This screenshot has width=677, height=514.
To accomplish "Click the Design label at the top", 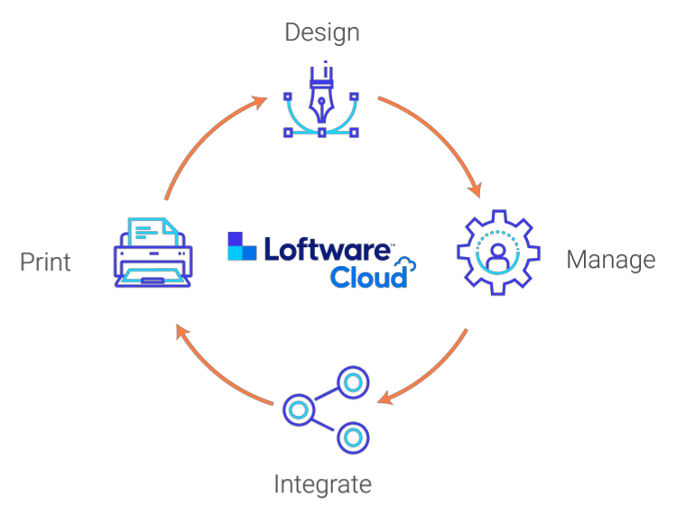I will coord(322,32).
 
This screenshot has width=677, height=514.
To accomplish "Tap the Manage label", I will coord(610,260).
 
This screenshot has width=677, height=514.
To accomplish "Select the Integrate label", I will coord(322,484).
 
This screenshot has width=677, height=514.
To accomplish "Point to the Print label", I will coord(45,262).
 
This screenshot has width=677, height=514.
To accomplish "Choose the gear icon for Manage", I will coord(498,252).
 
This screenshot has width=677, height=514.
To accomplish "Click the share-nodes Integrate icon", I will coord(326,408).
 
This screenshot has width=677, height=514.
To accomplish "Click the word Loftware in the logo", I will coord(328,250).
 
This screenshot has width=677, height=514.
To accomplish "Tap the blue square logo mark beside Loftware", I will coord(242,246).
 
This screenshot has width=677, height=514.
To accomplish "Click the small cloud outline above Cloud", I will coord(406,264).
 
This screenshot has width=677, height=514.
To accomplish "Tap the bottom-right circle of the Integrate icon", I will coord(353,438).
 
